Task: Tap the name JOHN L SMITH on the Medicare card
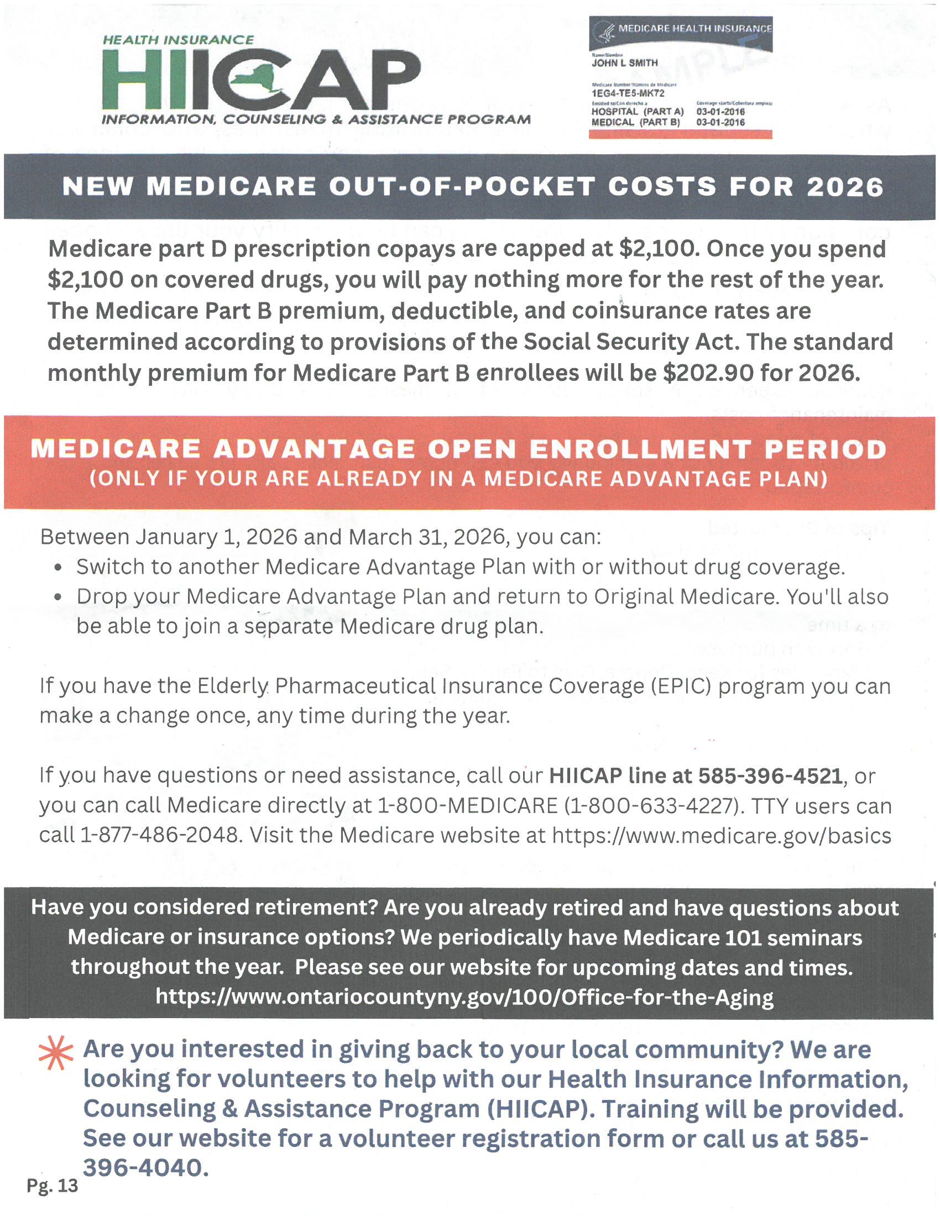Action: (x=624, y=63)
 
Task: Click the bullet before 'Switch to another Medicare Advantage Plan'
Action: (x=59, y=568)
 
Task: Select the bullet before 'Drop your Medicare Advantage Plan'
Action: (x=59, y=598)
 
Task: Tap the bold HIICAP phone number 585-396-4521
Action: (x=770, y=775)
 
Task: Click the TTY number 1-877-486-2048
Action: (x=160, y=836)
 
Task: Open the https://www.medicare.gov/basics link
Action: (x=721, y=836)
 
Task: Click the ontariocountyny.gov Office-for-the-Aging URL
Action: (x=464, y=997)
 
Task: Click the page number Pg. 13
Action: (x=53, y=1186)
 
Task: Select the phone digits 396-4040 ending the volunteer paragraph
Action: (x=146, y=1167)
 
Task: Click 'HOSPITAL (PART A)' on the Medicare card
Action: (x=637, y=112)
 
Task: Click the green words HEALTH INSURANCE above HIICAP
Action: (x=178, y=40)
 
